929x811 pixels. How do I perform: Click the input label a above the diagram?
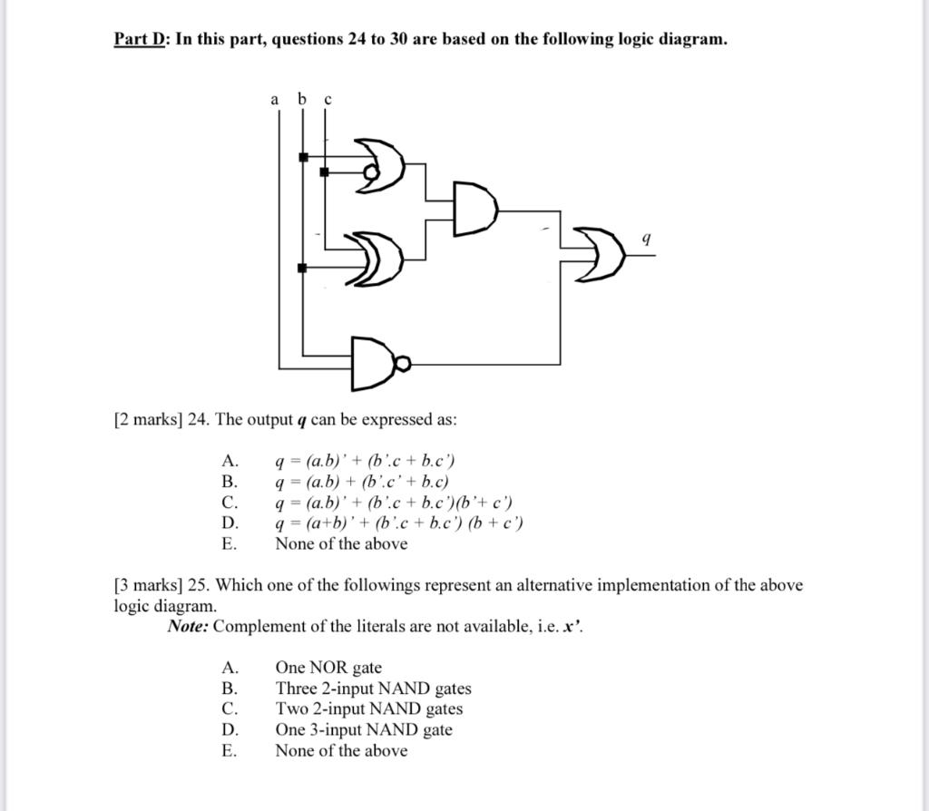275,99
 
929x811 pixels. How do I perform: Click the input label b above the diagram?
302,98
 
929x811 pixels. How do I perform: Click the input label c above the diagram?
328,99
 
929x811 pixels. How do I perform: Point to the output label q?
645,239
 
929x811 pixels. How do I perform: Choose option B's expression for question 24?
362,482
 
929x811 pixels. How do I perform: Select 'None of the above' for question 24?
341,543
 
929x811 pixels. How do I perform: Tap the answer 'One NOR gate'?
328,668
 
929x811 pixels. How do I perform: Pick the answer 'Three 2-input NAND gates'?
373,689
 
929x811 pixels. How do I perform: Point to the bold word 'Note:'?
188,627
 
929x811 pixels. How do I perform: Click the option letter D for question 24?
230,523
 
